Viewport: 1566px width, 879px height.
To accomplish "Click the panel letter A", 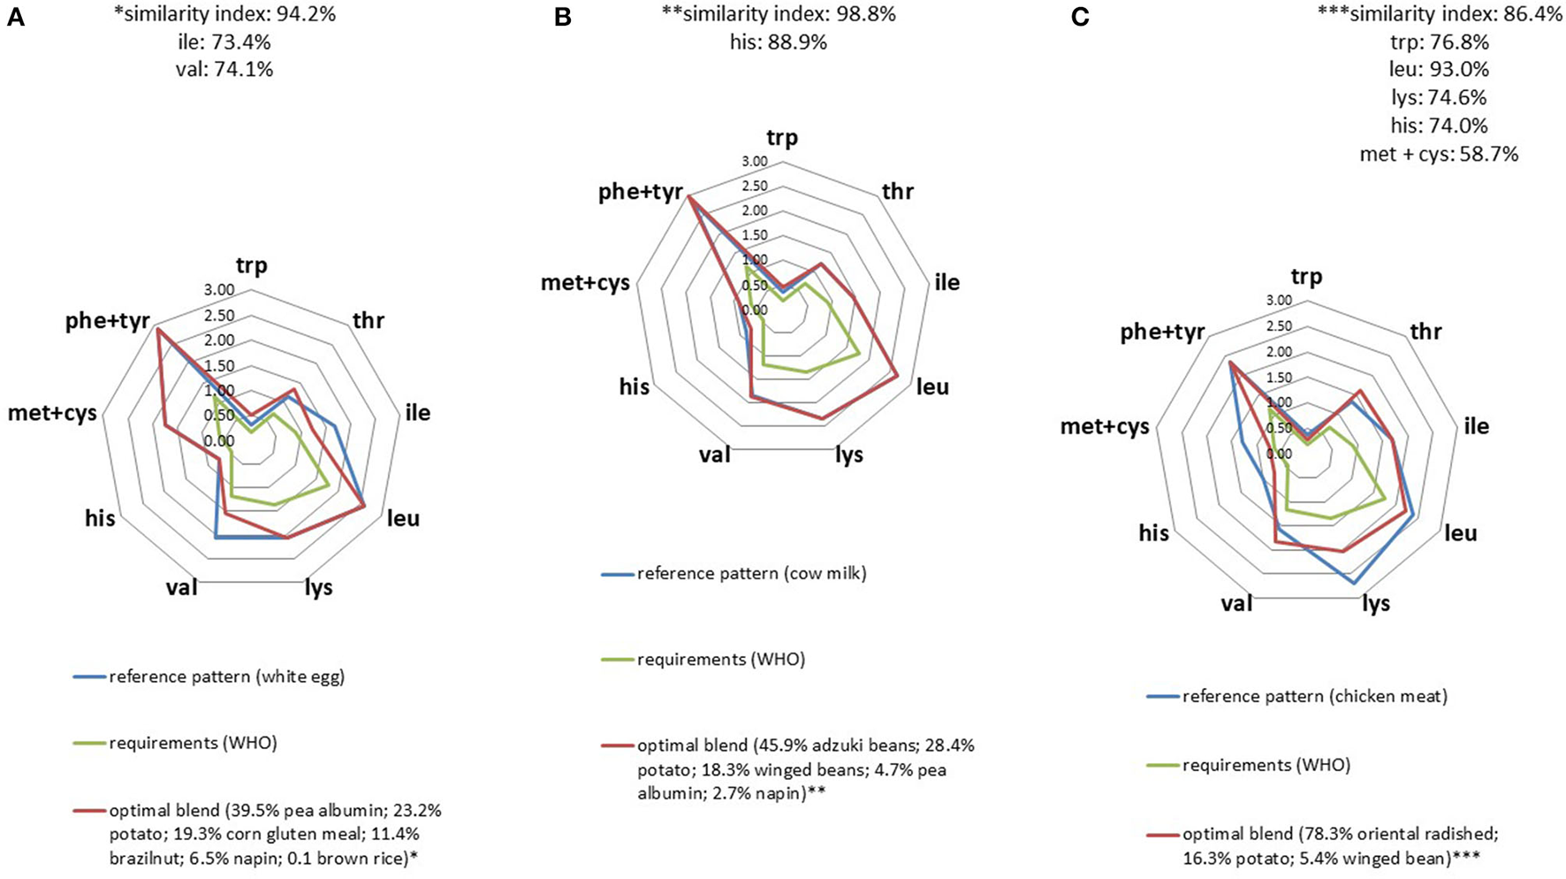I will [16, 18].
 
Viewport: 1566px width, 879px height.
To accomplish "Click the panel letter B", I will [563, 18].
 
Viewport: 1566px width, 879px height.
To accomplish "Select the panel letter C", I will [1080, 18].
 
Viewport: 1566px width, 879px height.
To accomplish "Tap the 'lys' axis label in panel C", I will [1376, 603].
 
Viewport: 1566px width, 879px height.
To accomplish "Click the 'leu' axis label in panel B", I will [933, 386].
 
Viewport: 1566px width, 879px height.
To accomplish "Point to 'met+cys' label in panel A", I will [52, 412].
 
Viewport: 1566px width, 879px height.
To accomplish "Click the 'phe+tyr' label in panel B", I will [641, 192].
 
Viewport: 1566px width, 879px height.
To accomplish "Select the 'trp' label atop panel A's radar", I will [251, 265].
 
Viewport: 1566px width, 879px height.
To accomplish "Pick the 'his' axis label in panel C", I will [1154, 532].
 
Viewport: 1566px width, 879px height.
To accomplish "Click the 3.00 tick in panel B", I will [755, 162].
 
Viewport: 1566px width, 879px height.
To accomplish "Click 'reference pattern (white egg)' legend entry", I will [226, 677].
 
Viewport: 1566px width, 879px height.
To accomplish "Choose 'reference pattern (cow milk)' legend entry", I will [751, 573].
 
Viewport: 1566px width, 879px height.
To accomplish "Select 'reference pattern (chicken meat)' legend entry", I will [1314, 696].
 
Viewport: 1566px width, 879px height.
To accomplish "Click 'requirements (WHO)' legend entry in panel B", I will [720, 660].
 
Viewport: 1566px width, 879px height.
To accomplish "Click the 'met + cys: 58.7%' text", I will [1439, 154].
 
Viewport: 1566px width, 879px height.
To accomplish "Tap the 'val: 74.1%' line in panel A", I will [224, 69].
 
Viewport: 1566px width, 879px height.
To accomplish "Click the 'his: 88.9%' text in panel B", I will [779, 42].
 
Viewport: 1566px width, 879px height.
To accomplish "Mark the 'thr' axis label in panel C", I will [1425, 332].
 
